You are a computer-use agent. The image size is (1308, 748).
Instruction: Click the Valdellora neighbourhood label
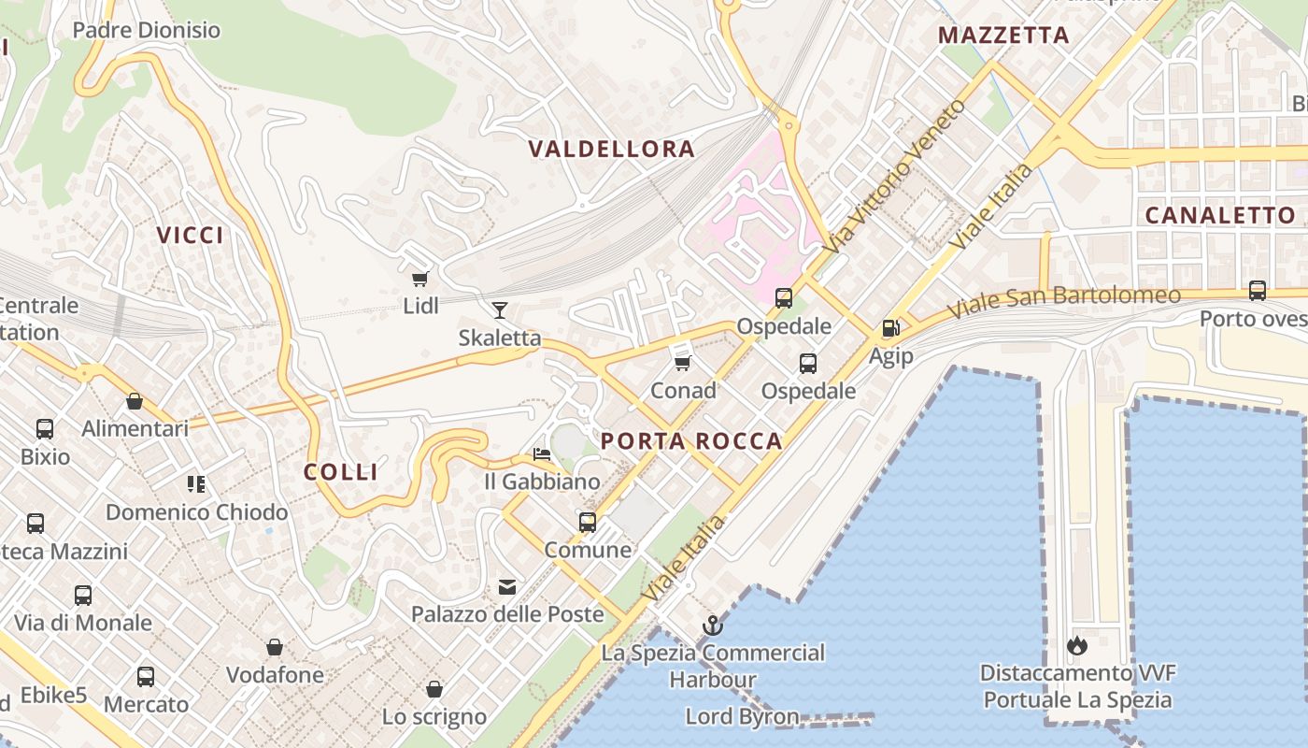tap(612, 149)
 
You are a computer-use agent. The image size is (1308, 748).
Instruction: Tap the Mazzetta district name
tap(1003, 36)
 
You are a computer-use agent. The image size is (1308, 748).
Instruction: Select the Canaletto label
tap(1220, 215)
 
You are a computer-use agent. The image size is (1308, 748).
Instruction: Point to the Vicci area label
tap(191, 235)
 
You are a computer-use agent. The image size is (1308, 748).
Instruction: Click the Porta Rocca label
tap(691, 441)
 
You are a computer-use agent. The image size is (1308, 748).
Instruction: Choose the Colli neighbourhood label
tap(341, 472)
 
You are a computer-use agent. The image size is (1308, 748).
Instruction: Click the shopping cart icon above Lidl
tap(419, 279)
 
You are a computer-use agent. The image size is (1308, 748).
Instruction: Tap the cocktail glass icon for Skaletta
tap(500, 310)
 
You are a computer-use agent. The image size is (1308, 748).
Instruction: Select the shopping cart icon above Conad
tap(682, 363)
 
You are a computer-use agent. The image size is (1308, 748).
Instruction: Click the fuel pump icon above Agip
tap(891, 328)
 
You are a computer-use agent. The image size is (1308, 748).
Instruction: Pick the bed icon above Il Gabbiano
tap(542, 454)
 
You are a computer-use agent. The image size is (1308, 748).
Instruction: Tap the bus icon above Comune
tap(588, 522)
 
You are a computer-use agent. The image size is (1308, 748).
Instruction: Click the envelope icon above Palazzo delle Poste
tap(507, 587)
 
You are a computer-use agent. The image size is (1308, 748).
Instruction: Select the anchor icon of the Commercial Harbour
tap(713, 625)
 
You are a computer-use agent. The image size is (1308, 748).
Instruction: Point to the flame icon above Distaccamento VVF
tap(1076, 645)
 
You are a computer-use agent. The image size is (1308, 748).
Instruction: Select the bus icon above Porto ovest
tap(1258, 291)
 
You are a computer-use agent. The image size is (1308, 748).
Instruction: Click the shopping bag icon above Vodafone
tap(275, 647)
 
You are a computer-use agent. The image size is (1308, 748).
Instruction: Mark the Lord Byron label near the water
tap(742, 717)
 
